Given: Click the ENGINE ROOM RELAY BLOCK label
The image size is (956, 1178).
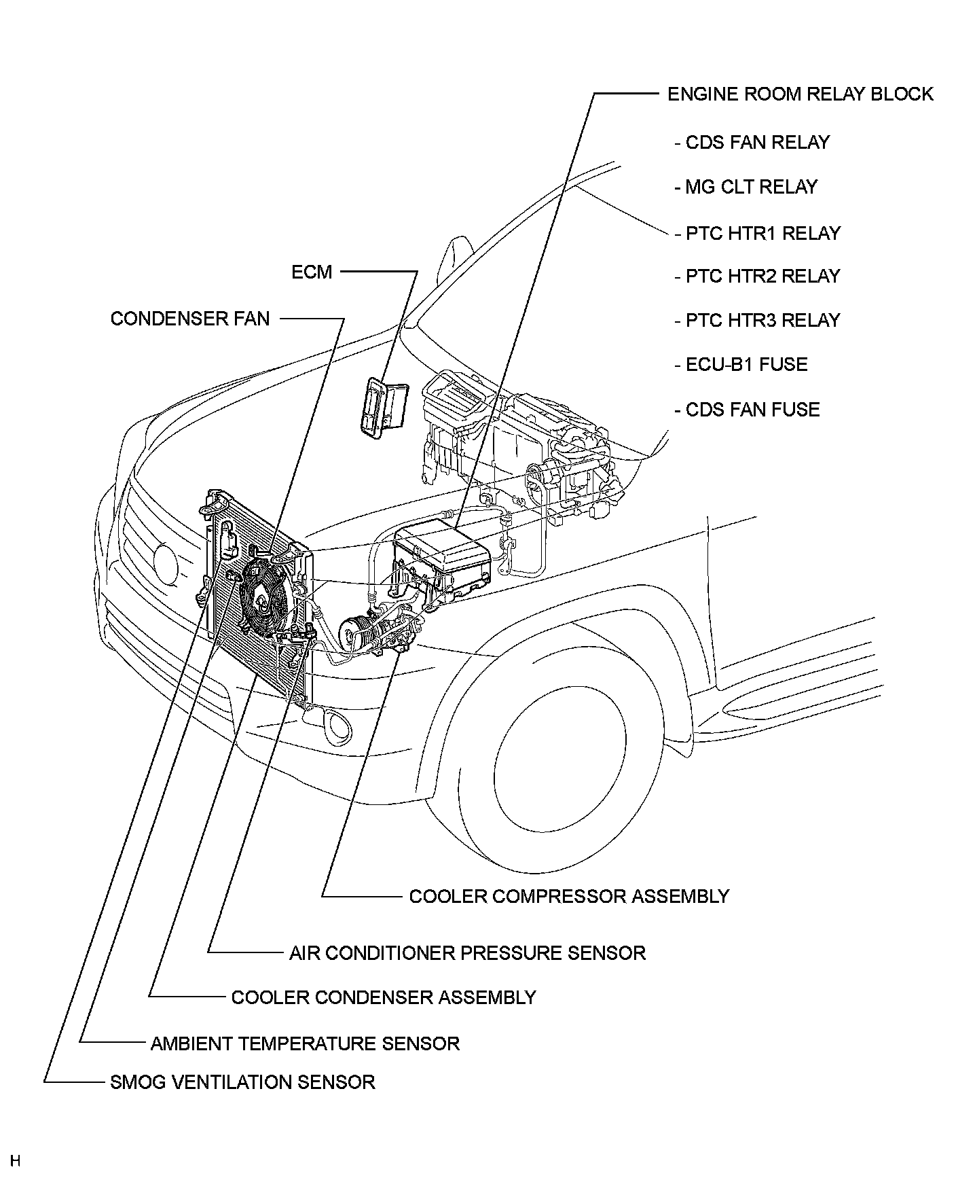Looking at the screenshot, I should (800, 94).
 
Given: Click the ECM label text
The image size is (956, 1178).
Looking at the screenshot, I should (312, 272).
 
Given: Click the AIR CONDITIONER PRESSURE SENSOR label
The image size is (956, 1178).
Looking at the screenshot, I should (467, 952).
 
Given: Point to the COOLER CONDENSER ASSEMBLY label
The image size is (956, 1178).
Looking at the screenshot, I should (384, 997).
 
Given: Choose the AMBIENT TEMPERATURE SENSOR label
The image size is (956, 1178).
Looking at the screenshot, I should (305, 1043).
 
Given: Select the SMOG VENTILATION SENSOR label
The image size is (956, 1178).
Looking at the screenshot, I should (242, 1082).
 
